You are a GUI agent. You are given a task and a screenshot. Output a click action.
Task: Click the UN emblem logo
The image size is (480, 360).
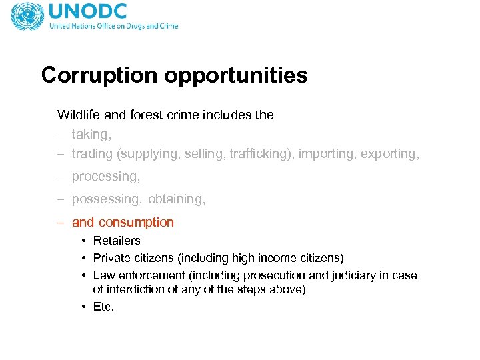(x=27, y=16)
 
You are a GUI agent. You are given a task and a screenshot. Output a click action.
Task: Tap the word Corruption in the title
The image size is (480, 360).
(x=99, y=75)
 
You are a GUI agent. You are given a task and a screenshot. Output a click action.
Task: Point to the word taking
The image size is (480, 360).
(x=91, y=135)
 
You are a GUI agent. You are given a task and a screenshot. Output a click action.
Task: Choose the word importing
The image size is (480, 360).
(x=327, y=153)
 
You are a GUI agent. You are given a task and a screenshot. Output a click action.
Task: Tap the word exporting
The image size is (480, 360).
(x=390, y=153)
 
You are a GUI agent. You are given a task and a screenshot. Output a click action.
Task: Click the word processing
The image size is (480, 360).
(x=105, y=177)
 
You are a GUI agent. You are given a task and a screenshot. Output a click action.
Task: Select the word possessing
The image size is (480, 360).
(x=107, y=199)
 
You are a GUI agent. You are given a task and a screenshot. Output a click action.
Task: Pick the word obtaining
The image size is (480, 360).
(x=177, y=199)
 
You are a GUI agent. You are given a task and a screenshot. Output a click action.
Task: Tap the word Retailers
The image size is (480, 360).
(x=117, y=241)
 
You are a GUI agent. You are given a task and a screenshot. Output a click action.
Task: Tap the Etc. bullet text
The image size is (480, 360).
(x=104, y=307)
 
